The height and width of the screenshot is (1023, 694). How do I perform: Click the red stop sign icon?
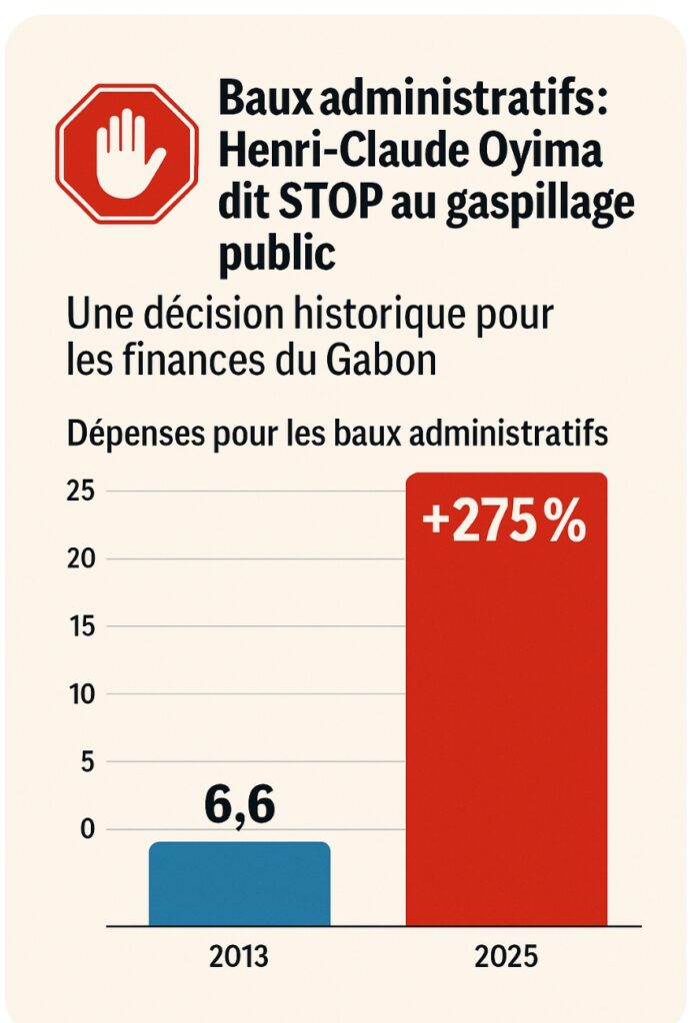point(127,152)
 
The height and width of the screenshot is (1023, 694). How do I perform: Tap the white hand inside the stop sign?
point(127,151)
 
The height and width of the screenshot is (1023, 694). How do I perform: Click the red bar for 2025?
point(506,699)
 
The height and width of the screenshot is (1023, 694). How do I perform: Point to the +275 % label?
point(504,523)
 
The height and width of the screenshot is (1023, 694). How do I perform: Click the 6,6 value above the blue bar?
point(240,806)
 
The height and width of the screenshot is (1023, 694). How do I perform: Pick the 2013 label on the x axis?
point(239,956)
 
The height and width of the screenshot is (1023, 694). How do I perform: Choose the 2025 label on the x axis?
point(506,956)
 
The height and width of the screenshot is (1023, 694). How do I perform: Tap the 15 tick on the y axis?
point(82,626)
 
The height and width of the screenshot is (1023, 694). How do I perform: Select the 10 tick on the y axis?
point(82,694)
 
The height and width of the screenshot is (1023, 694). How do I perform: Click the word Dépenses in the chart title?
point(128,436)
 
